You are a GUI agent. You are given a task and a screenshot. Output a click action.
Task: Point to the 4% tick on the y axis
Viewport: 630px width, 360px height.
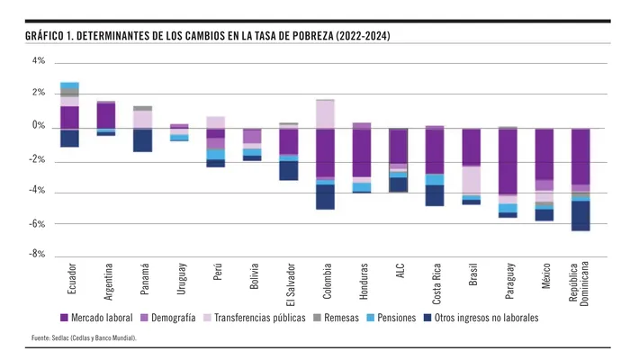tap(39, 61)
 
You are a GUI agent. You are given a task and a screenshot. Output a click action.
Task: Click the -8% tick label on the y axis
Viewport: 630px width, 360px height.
tap(37, 255)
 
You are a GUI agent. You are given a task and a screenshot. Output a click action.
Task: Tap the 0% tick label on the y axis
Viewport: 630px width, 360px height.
tap(39, 126)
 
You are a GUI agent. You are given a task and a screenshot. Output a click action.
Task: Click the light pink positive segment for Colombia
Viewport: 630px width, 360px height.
tap(325, 113)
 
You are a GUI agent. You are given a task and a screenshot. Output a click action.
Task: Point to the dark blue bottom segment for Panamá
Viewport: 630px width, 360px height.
tap(143, 139)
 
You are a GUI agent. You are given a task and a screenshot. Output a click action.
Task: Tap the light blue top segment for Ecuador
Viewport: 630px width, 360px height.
tap(69, 85)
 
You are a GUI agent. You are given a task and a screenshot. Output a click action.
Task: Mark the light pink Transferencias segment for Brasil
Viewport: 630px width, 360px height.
tap(471, 180)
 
